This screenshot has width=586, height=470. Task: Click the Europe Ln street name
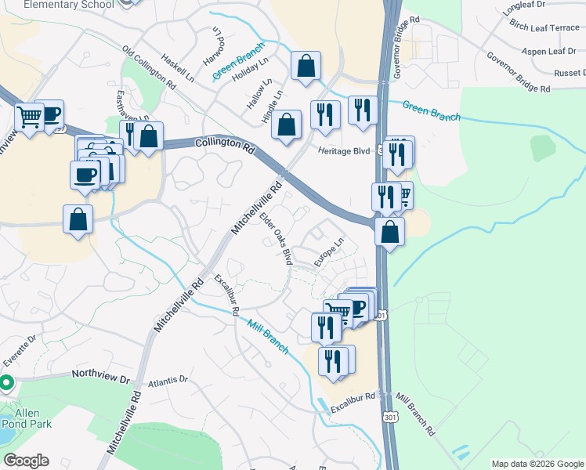click(330, 255)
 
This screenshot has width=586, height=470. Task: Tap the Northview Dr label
click(100, 378)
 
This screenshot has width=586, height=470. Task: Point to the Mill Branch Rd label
click(415, 414)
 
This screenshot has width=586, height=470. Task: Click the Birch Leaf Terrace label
click(544, 27)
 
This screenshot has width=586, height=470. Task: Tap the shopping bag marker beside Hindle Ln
click(288, 124)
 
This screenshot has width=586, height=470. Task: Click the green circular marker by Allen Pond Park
click(6, 383)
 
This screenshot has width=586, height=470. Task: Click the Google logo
click(26, 461)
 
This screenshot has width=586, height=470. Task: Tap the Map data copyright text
click(538, 464)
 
